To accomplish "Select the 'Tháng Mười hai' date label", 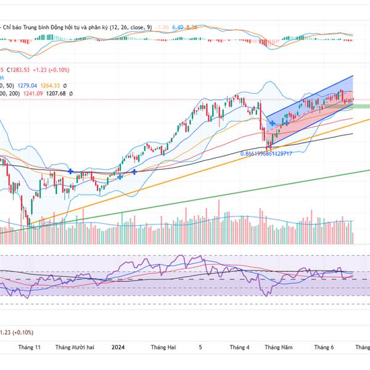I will point(75,348).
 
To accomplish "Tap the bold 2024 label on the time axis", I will point(120,348).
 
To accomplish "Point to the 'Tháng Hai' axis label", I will point(163,348).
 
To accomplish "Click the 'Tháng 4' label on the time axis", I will point(239,348).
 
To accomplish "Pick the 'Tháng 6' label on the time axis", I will point(323,348).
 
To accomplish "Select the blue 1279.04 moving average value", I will point(26,86).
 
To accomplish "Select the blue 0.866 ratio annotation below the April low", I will point(265,153).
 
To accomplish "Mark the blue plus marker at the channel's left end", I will point(272,124).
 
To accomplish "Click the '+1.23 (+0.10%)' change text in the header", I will point(52,70).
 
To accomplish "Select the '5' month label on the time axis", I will point(200,348).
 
